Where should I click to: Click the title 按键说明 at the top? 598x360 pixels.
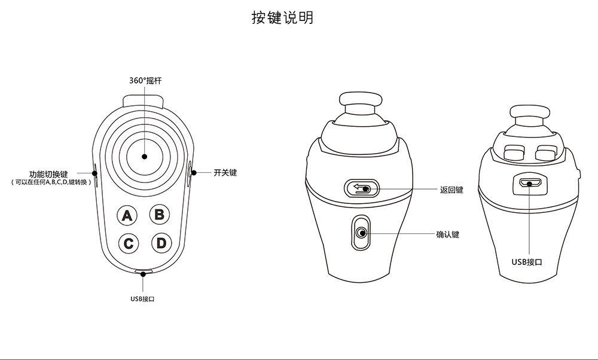(282, 18)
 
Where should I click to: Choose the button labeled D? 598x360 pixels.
(160, 243)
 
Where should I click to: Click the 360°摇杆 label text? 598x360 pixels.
(145, 80)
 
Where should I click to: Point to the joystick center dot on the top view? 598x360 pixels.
(144, 157)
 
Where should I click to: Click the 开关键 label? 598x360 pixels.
(225, 173)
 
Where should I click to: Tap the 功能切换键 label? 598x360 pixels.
(52, 174)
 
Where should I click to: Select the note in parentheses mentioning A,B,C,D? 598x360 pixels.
(52, 182)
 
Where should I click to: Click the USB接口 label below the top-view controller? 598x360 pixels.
(143, 298)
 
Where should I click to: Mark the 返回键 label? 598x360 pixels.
(451, 190)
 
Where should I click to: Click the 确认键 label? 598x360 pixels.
(448, 234)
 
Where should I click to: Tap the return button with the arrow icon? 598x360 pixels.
(362, 189)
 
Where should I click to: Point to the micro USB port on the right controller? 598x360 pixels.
(529, 183)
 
